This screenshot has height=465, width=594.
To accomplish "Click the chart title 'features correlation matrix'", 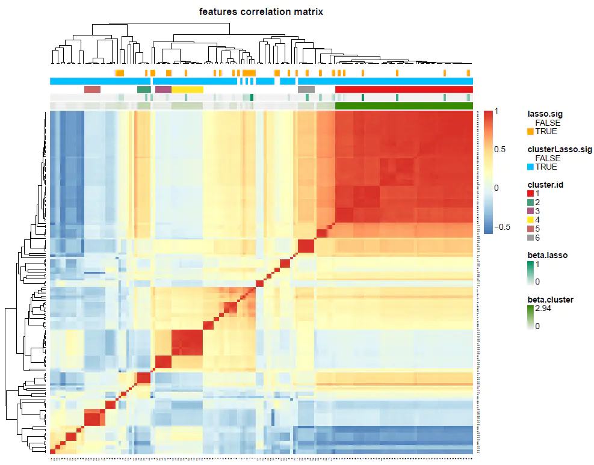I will point(261,11).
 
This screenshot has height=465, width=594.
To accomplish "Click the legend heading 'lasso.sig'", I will point(546,114).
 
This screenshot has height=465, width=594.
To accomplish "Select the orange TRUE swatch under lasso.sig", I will point(530,131).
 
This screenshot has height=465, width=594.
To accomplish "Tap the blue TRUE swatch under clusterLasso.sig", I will point(530,167).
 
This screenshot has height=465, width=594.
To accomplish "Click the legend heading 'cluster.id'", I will point(546,184).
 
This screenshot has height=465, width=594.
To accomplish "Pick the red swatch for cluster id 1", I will point(530,193).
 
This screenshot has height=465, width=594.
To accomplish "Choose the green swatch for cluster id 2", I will point(530,202).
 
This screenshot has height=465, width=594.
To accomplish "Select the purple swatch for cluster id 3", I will point(530,211).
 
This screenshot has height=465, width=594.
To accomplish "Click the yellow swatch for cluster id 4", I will point(530,220).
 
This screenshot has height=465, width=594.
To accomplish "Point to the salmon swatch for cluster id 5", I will point(530,229).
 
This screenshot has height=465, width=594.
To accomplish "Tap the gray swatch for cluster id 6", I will point(530,238).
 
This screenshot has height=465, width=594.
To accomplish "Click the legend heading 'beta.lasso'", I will point(547,255).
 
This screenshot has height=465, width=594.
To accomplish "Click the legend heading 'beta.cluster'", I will point(550,300).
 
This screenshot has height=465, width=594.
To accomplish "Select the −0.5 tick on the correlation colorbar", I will point(502,227).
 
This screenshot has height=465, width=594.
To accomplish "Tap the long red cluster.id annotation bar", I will point(403,90).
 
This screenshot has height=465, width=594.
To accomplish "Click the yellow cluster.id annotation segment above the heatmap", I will point(187,90).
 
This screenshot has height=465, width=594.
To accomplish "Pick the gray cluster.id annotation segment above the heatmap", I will point(306,90).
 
